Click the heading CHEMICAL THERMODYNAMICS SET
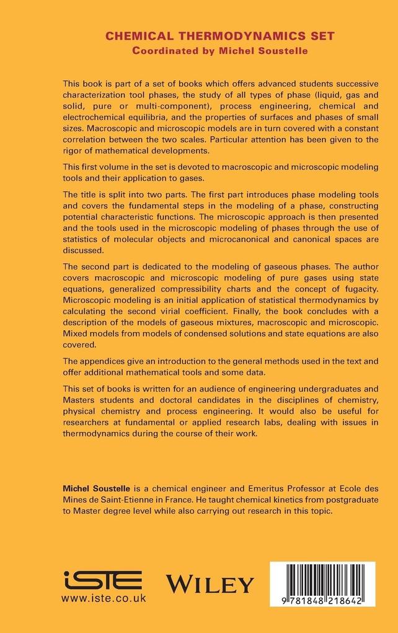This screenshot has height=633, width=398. (219, 37)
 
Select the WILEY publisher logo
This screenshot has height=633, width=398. (210, 583)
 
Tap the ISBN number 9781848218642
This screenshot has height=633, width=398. (318, 601)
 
